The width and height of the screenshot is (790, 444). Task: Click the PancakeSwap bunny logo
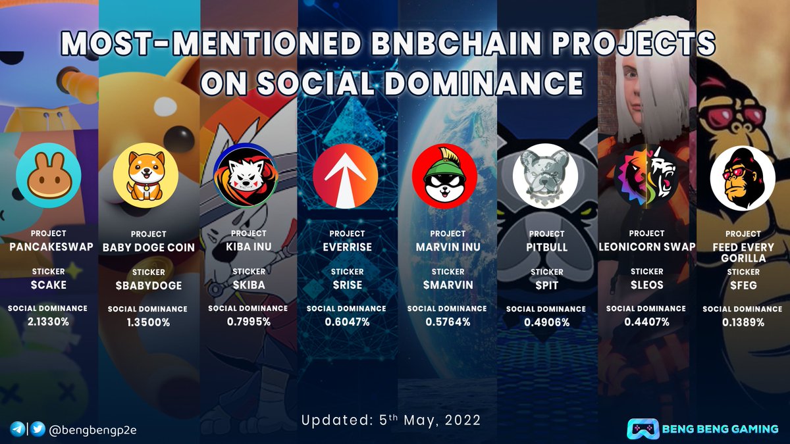(x=49, y=176)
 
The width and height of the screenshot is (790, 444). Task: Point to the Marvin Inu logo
(x=444, y=174)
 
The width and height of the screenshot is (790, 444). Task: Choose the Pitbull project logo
(x=545, y=174)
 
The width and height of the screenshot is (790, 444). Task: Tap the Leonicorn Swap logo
(x=646, y=174)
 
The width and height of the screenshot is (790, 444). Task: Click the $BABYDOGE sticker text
(x=148, y=286)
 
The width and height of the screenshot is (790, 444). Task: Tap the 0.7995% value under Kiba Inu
(x=248, y=321)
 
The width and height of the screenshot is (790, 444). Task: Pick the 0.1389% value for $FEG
(x=743, y=322)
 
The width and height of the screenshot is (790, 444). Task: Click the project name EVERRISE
(x=346, y=247)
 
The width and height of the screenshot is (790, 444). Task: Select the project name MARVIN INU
(x=447, y=247)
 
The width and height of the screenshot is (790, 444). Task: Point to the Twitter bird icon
(x=38, y=430)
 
